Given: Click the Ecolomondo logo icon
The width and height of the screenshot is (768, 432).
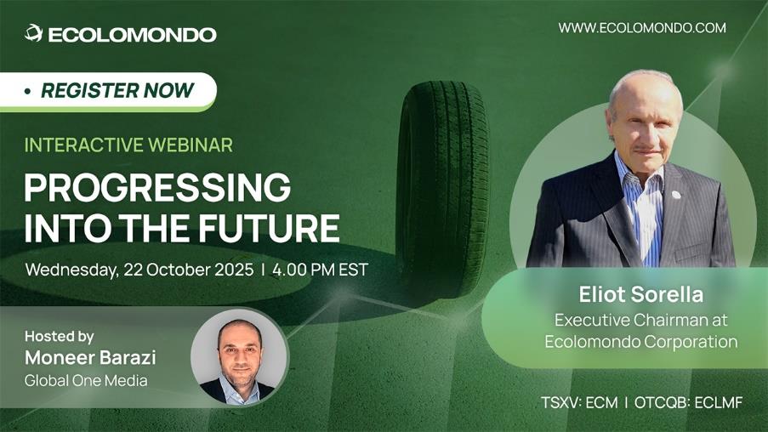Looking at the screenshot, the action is click(x=33, y=33).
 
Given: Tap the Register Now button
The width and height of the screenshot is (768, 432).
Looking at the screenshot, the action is click(x=108, y=92).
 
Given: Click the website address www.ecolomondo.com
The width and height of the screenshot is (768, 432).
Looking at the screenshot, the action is click(x=642, y=27).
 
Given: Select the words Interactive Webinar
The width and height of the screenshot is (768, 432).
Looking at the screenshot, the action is click(x=128, y=145).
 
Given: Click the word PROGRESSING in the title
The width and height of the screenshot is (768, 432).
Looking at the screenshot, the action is click(x=157, y=187).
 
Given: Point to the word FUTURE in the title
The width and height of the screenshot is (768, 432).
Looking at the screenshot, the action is click(x=269, y=228).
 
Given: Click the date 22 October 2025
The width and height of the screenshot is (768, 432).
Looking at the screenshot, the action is click(x=189, y=270).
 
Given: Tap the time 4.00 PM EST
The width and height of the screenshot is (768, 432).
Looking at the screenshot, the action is click(x=320, y=270).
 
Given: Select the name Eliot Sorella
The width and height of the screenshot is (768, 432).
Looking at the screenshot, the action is click(x=640, y=294).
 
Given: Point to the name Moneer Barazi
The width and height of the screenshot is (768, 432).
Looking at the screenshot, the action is click(x=90, y=357).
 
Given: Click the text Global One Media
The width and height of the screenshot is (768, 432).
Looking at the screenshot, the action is click(x=86, y=381).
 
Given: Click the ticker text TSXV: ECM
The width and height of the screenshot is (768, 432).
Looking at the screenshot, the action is click(x=579, y=402).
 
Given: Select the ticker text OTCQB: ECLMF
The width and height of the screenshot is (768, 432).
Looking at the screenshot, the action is click(x=688, y=402).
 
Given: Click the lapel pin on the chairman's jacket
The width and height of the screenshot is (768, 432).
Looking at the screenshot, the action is click(x=676, y=195).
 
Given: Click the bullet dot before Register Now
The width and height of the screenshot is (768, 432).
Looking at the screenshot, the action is click(x=28, y=91).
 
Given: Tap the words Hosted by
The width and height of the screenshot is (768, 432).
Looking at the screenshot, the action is click(x=59, y=337).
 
